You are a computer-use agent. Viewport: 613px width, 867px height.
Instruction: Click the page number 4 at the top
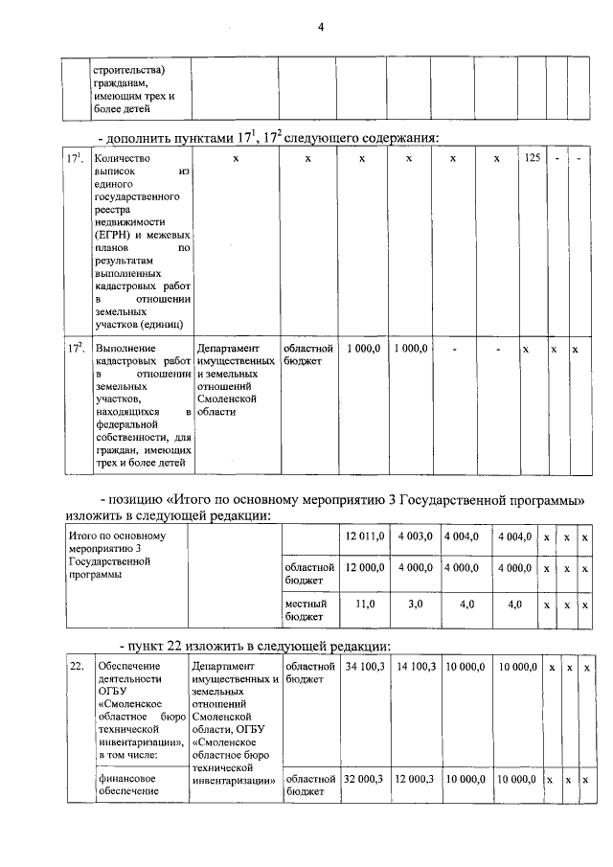[321, 28]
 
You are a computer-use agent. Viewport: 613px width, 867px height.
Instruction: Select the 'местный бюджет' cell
[306, 610]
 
